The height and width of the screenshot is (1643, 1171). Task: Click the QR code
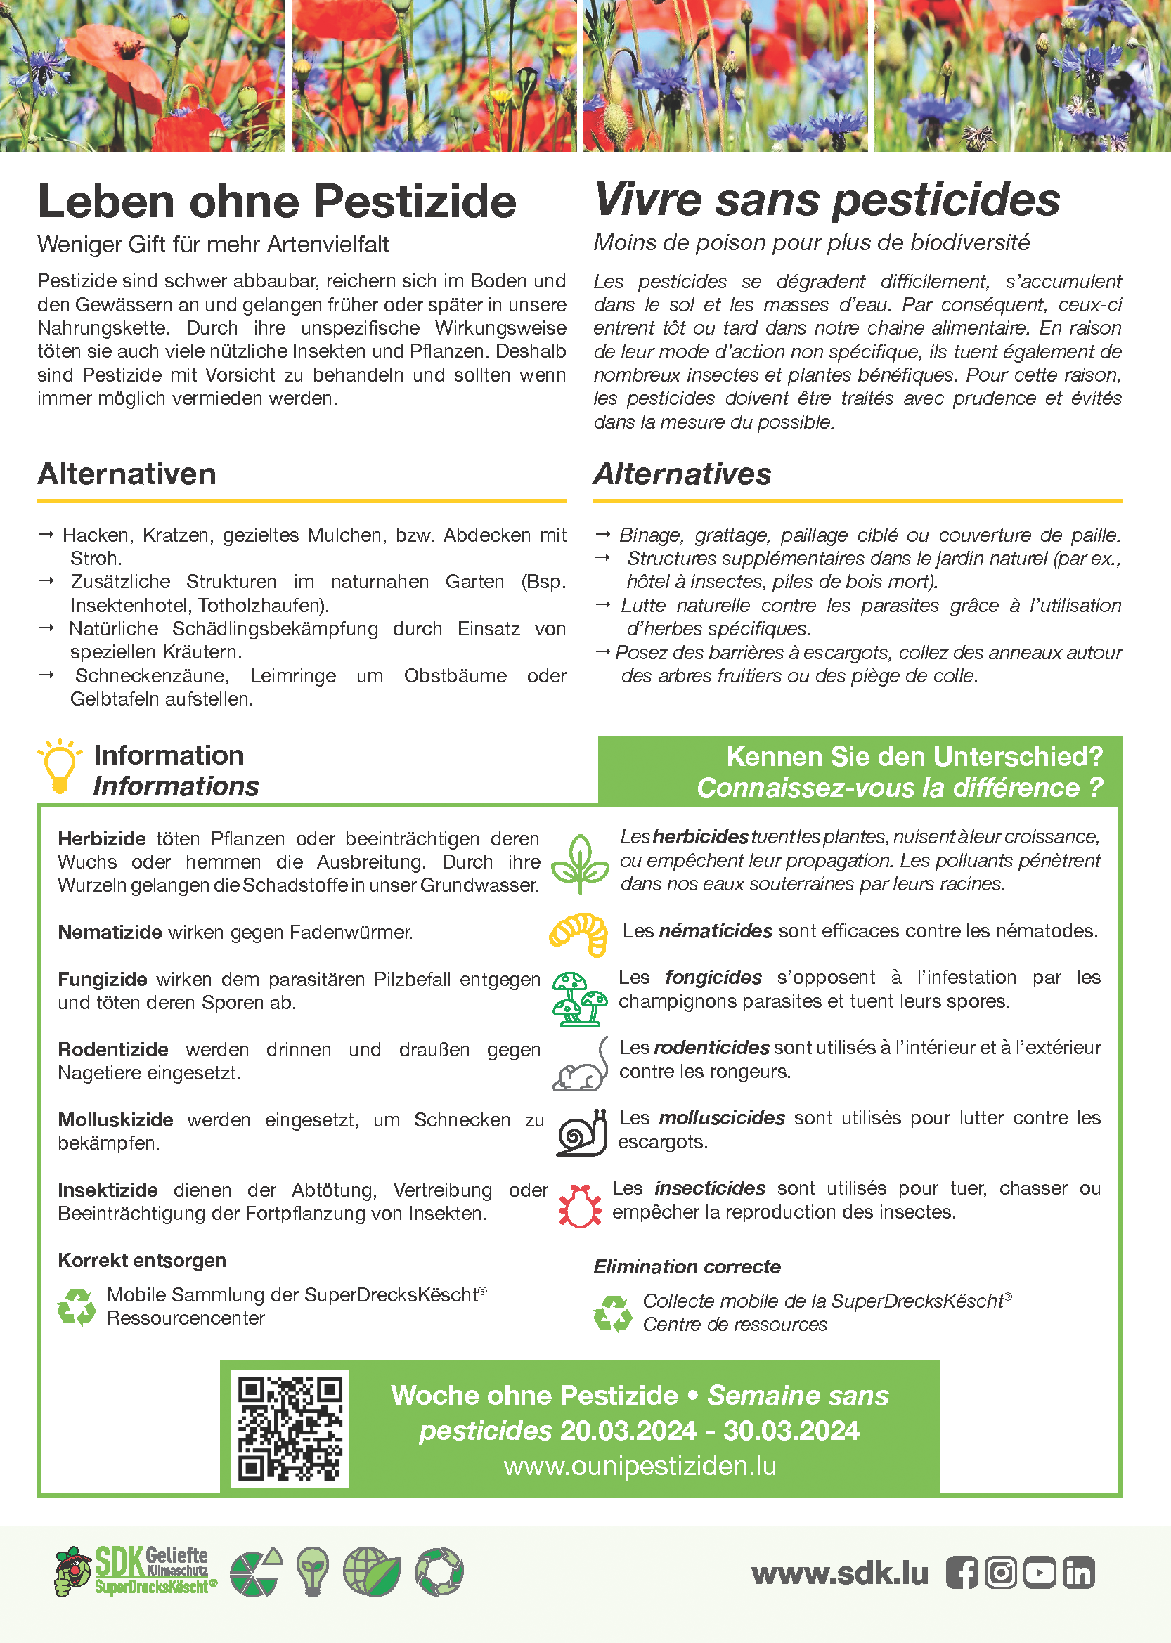coord(290,1428)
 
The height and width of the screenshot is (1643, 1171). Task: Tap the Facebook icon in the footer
coord(962,1572)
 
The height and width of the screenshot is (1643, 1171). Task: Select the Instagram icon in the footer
coord(1001,1572)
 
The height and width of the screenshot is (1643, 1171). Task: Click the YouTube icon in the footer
coord(1040,1572)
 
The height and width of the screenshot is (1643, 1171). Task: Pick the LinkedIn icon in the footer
coord(1079,1572)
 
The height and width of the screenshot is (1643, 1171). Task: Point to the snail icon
coord(581,1133)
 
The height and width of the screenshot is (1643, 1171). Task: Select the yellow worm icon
coord(578,934)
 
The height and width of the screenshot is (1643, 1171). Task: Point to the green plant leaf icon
coord(580,864)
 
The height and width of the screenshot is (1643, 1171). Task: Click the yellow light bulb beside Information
coord(60,767)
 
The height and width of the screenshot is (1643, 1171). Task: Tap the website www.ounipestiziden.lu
coord(640,1466)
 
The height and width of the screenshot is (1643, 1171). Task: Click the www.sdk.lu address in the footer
coord(839,1573)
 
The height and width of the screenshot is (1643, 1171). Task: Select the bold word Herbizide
coord(102,838)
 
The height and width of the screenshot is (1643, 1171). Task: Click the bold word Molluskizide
coord(115,1119)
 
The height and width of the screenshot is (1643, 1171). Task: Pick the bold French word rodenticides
coord(712,1047)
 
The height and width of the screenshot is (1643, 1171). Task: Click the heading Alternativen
coord(127,474)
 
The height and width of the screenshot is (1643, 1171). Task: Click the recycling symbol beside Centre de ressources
coord(612,1313)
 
